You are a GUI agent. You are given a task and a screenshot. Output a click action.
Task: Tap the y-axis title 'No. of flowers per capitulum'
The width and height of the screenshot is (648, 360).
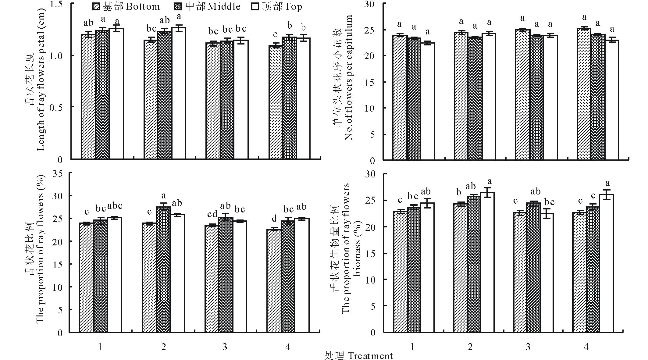(348, 78)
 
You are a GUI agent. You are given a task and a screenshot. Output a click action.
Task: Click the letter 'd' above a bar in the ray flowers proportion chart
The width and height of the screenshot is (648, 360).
(274, 218)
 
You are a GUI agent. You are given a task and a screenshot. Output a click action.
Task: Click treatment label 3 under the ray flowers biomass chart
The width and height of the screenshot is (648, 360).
(528, 347)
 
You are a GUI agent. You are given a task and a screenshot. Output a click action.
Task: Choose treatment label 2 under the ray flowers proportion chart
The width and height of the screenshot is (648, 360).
(164, 347)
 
